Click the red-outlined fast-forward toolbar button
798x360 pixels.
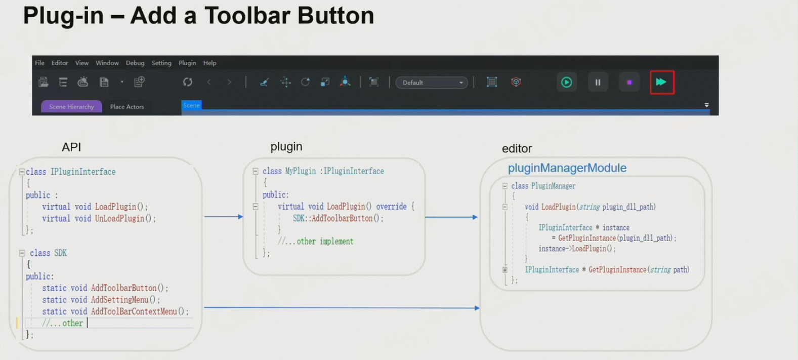(661, 82)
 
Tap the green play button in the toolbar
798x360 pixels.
(566, 82)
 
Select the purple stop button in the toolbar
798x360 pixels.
(629, 82)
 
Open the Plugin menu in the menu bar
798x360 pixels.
(187, 63)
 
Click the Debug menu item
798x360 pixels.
(135, 63)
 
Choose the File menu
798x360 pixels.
(39, 63)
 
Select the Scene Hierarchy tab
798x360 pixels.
(71, 106)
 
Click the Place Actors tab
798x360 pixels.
(127, 106)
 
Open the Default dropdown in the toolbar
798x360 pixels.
(432, 83)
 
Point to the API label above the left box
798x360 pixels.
(71, 147)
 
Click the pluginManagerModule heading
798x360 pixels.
(567, 168)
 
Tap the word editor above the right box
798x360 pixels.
(517, 148)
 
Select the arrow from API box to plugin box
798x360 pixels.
(224, 217)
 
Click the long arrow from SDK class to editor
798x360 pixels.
(342, 307)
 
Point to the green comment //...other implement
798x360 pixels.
(316, 242)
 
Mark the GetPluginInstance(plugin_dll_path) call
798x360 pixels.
(616, 238)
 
